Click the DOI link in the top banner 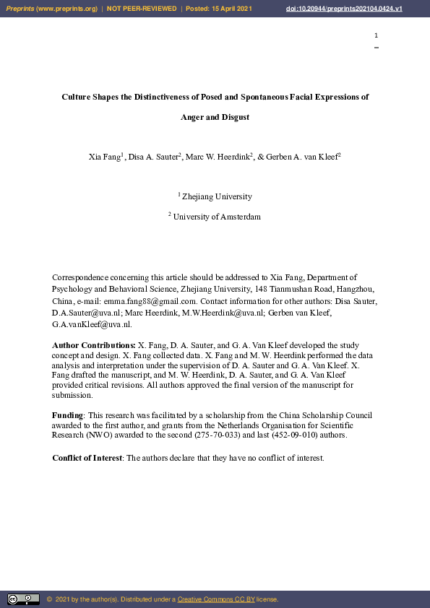(x=353, y=8)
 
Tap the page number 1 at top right (x=376, y=35)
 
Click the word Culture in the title (x=77, y=96)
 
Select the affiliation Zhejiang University (x=217, y=196)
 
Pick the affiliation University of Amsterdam (x=217, y=217)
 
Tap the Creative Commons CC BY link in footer (x=215, y=599)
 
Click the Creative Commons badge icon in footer (x=23, y=599)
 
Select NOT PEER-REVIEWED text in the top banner (x=142, y=8)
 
